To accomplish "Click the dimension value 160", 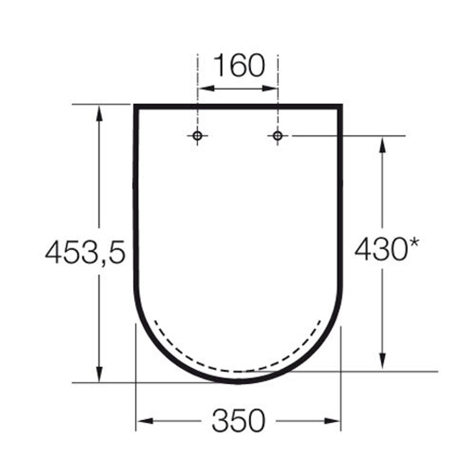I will pos(238,66).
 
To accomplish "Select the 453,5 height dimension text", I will pos(85,252).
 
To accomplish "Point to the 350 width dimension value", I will pos(238,421).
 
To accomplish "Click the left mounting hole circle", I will pos(198,136).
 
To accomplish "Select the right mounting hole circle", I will pos(278,136).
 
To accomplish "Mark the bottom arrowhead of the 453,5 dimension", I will pos(99,376).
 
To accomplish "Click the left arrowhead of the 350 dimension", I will pos(142,421).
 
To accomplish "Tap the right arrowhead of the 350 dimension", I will pos(334,421).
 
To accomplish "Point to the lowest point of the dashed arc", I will pos(238,371).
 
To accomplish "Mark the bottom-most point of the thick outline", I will pos(238,381).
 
